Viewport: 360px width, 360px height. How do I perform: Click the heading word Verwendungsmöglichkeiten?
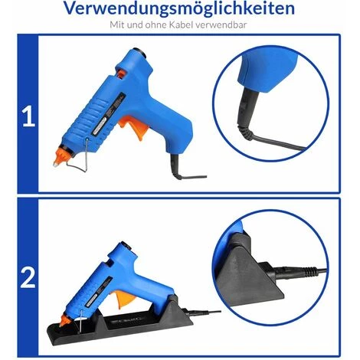click(x=179, y=8)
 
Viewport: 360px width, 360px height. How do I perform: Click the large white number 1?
click(x=28, y=116)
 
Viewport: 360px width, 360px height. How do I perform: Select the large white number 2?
click(x=28, y=279)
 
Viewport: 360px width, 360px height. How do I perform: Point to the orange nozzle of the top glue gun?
click(x=61, y=155)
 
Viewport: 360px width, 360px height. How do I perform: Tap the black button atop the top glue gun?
click(x=141, y=52)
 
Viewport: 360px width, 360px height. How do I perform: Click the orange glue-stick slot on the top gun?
click(x=121, y=74)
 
